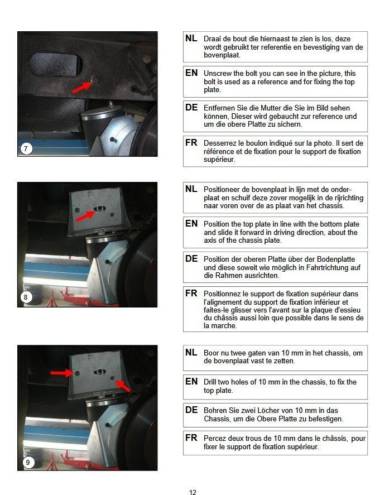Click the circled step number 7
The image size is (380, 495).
26,148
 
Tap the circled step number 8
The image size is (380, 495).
26,297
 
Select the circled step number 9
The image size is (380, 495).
28,463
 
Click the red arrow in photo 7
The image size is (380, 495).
83,86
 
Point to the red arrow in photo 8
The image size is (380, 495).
85,216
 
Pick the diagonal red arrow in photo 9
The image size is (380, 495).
123,386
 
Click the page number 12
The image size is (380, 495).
193,492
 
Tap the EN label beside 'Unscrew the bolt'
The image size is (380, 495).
191,73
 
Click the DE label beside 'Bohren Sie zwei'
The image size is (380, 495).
191,410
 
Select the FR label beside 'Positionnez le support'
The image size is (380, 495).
191,294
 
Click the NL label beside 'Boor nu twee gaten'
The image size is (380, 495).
191,352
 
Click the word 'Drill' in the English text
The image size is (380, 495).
210,382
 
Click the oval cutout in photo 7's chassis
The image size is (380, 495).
56,64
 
